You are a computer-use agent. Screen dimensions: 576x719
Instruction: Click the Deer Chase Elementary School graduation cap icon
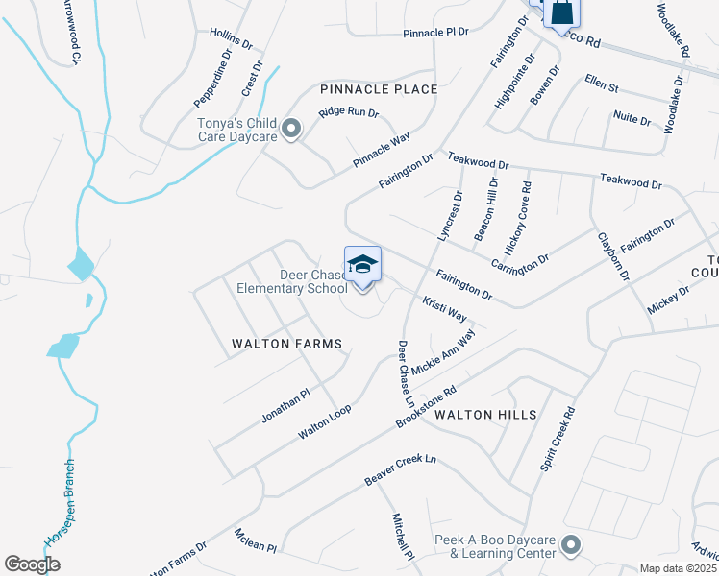363,264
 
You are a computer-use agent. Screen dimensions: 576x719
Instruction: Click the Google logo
32,564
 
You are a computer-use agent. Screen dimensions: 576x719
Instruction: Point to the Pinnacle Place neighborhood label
379,89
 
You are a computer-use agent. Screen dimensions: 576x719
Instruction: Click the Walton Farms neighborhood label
286,343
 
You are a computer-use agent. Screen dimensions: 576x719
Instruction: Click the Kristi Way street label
445,309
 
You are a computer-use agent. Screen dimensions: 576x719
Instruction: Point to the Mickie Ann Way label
443,352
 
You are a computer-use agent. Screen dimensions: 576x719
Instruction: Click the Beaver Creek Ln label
400,469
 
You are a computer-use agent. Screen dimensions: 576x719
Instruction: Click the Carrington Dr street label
519,251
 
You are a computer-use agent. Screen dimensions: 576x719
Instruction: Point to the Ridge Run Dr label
349,112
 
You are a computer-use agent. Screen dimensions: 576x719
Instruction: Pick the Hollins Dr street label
231,38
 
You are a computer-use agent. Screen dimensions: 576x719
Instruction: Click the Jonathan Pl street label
285,406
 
